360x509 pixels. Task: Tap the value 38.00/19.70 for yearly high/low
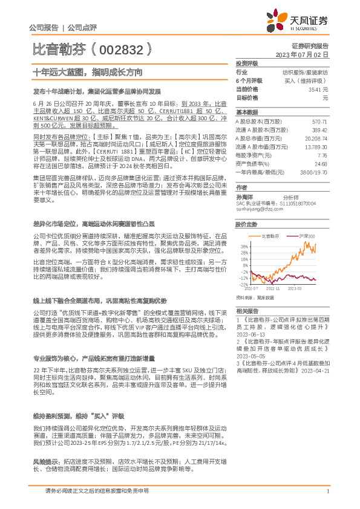pyautogui.click(x=314, y=172)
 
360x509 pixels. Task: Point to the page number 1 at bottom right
pyautogui.click(x=327, y=491)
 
